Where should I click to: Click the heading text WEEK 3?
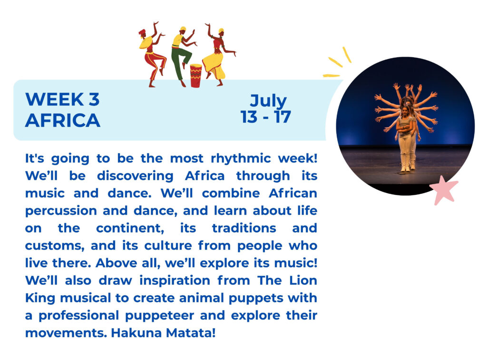(62, 99)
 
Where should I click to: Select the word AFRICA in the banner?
(63, 120)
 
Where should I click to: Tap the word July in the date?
(268, 101)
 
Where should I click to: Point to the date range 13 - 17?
(266, 117)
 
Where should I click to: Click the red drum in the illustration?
(195, 76)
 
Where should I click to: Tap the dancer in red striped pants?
(152, 55)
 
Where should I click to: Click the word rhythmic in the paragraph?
(241, 158)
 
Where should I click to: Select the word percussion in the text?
(61, 211)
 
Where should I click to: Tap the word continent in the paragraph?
(130, 228)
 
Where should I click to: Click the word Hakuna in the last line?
(136, 333)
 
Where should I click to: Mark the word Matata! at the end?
(191, 333)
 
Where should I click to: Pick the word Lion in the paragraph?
(303, 281)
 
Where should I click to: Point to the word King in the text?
(39, 298)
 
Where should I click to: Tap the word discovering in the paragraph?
(135, 176)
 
